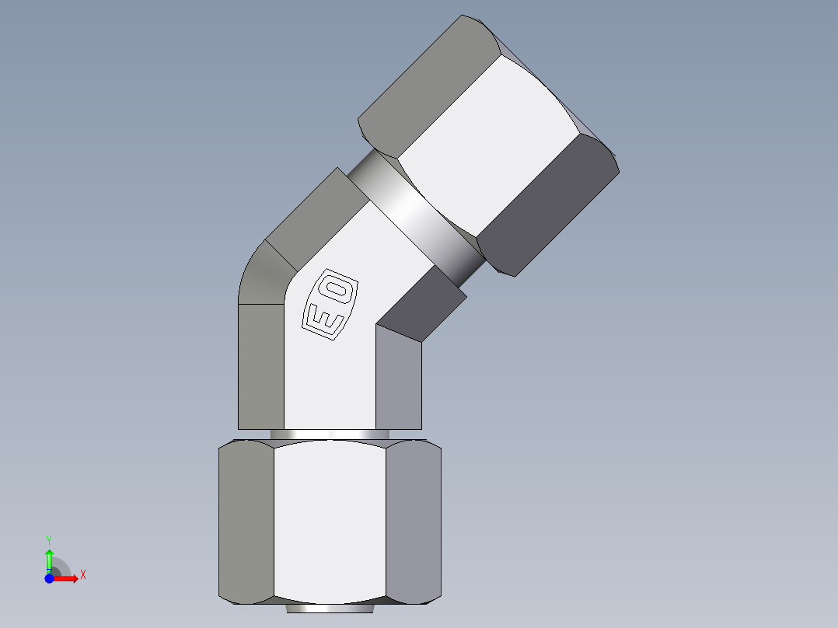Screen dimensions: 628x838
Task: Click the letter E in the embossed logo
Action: click(322, 319)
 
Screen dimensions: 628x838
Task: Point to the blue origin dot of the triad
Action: click(49, 578)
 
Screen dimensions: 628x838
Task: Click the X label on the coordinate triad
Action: click(82, 575)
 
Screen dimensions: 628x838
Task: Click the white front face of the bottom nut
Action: click(330, 521)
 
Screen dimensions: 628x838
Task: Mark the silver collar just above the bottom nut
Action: click(330, 434)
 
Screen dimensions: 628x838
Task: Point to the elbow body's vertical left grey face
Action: click(260, 365)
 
